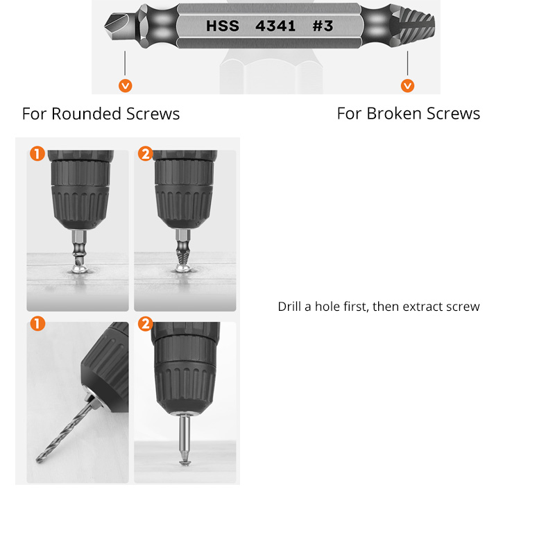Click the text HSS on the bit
coord(222,26)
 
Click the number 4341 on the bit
coord(275,26)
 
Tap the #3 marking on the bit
coord(323,26)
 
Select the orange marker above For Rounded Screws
coord(126,86)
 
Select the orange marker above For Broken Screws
coord(408,86)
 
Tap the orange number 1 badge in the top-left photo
coord(37,154)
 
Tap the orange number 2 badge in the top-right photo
coord(145,154)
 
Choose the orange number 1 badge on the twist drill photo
coord(37,324)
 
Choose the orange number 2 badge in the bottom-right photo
coord(145,324)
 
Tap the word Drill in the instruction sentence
coord(290,307)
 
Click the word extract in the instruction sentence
coord(418,307)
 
